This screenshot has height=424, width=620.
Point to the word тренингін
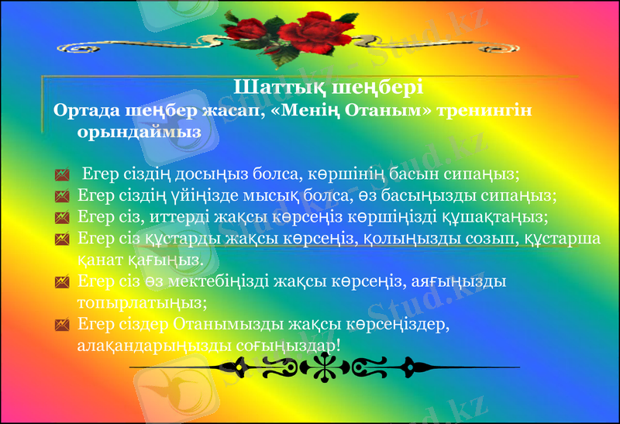485,109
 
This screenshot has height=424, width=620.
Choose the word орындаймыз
139,132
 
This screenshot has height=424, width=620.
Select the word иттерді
174,216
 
